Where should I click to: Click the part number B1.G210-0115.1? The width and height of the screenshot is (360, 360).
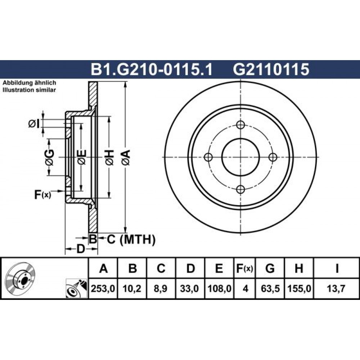click(x=152, y=69)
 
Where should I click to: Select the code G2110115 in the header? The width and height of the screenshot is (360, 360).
click(x=271, y=69)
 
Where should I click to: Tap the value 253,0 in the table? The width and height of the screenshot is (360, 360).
click(x=103, y=288)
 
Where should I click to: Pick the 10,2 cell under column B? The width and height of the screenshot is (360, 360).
click(x=132, y=288)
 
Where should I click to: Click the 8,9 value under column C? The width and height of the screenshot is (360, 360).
click(x=161, y=288)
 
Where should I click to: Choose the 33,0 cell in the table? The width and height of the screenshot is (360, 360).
click(x=189, y=288)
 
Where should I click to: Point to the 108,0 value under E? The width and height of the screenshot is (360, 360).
click(x=219, y=288)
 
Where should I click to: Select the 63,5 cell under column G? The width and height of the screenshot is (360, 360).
click(x=270, y=288)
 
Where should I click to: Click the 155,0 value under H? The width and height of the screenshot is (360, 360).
click(x=299, y=288)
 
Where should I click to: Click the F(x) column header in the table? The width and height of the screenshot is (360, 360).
click(x=244, y=269)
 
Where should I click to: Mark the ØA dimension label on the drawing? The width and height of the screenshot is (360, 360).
click(x=126, y=158)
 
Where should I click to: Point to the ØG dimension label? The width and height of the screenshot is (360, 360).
click(x=49, y=158)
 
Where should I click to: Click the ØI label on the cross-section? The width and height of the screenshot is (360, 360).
click(x=34, y=124)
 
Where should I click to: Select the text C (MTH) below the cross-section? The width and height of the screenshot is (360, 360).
click(x=131, y=240)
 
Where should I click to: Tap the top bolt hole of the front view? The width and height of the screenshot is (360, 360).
click(x=240, y=125)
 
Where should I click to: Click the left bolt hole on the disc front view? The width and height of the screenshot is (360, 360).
click(x=208, y=157)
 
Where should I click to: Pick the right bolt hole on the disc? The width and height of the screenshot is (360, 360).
click(x=273, y=157)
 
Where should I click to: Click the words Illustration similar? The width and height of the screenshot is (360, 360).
click(x=29, y=90)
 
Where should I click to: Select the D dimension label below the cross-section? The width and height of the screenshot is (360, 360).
click(x=81, y=249)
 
